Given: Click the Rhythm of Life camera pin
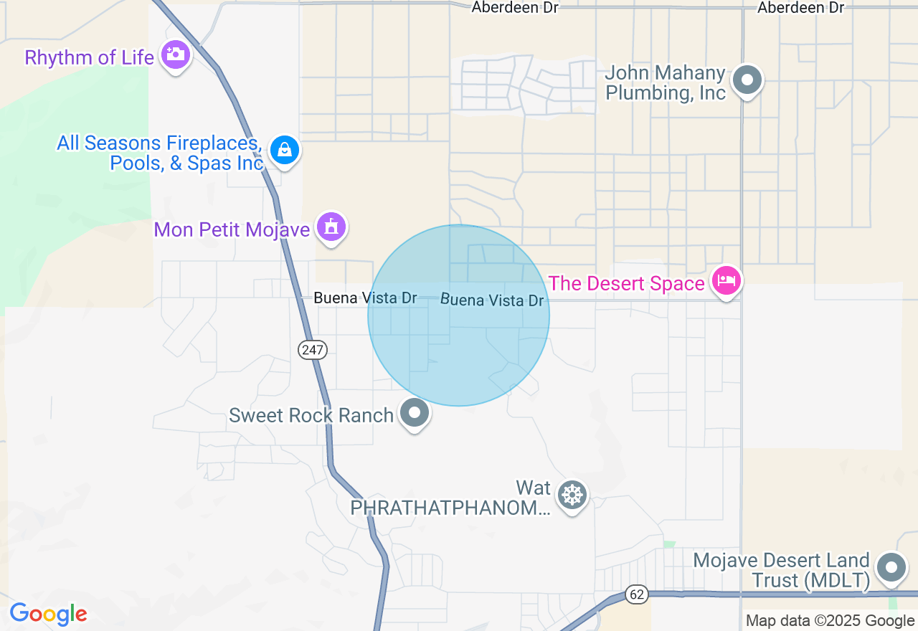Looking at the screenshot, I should coord(175,54).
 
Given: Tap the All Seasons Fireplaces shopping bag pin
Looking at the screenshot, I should coord(285,151).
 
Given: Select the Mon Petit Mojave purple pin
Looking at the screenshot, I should coord(331,227).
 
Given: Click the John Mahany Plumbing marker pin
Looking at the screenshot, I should coord(747,80).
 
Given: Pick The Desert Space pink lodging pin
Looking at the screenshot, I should coord(726,281).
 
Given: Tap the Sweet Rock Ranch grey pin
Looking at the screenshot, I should coord(414,413).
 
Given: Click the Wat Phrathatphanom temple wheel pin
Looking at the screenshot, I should coord(572,495).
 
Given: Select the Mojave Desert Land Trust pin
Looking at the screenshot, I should coord(891,567).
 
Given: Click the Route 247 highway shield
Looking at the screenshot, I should coord(313,350).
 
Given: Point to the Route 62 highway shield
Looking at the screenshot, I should coord(636,594).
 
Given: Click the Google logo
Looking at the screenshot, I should coord(48,614).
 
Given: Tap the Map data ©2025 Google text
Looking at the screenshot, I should coord(830,621).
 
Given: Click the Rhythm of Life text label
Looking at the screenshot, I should coord(89,57).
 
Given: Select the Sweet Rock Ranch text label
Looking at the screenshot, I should coord(311,415).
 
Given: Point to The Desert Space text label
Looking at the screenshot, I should coord(626,283).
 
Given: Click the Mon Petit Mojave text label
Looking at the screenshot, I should coord(232,229).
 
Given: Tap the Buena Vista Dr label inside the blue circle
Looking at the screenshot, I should coord(492,300).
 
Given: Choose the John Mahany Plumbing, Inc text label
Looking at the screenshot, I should coord(666,83).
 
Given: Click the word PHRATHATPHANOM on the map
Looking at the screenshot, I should coord(450,508).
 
